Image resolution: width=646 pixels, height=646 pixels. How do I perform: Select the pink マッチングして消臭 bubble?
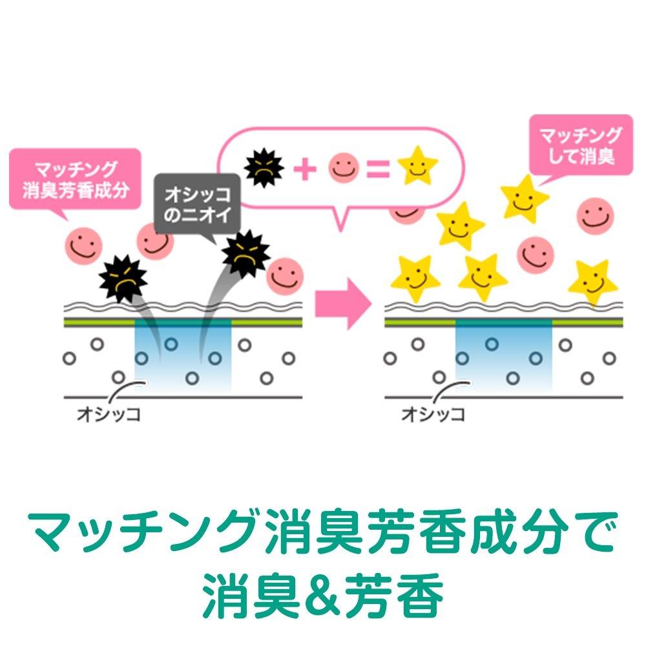581,145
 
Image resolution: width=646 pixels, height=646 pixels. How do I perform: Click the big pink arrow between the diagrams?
343,304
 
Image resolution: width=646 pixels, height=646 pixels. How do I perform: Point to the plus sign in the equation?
305,169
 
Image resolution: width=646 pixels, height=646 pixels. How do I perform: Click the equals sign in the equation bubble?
378,169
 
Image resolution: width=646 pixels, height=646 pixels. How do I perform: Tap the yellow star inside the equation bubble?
417,165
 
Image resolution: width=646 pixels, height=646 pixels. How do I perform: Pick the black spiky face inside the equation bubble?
264,168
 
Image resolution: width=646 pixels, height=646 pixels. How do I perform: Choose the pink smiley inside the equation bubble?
344,168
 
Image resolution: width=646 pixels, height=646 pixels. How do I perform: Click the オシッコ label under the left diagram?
109,414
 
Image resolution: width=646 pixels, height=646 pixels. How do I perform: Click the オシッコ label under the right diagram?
433,414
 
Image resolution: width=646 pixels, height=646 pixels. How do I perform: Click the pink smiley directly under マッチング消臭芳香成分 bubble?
83,246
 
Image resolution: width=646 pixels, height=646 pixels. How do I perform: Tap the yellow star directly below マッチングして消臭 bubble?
525,199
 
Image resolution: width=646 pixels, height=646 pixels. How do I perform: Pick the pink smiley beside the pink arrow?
285,276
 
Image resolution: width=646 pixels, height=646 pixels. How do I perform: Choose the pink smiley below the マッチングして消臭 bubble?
596,216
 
